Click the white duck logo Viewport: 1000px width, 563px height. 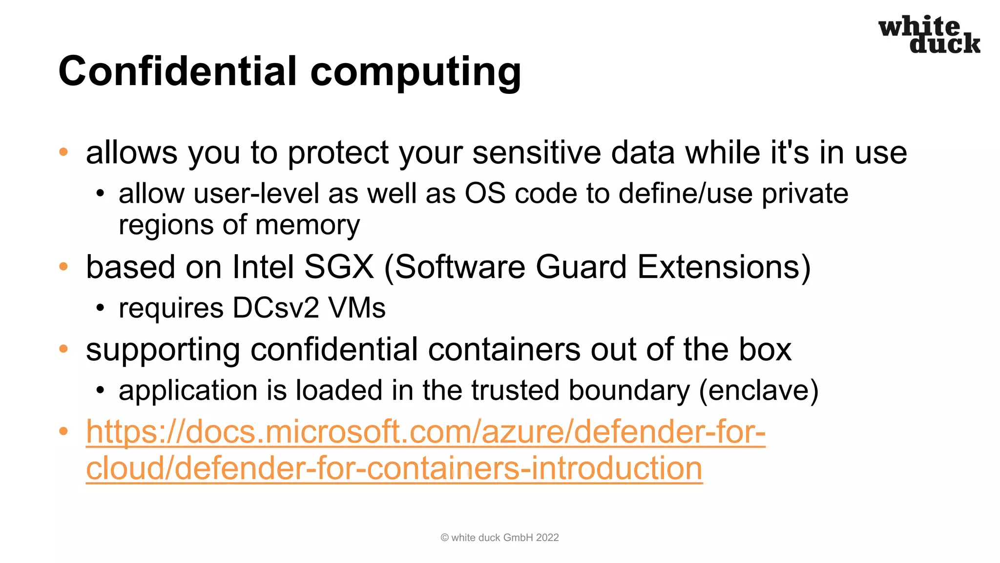(929, 34)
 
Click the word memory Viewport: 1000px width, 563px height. (307, 226)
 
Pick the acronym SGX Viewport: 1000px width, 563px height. (339, 267)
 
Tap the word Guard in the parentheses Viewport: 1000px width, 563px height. (581, 267)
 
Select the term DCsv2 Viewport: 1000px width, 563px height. (276, 308)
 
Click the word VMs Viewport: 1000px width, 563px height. (357, 308)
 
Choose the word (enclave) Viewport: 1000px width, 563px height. (759, 391)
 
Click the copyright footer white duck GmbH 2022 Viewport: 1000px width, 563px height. (500, 538)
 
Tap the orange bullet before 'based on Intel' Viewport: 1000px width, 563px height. (63, 267)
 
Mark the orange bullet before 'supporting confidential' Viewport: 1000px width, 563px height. (63, 349)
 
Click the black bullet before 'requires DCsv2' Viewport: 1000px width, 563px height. (100, 308)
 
